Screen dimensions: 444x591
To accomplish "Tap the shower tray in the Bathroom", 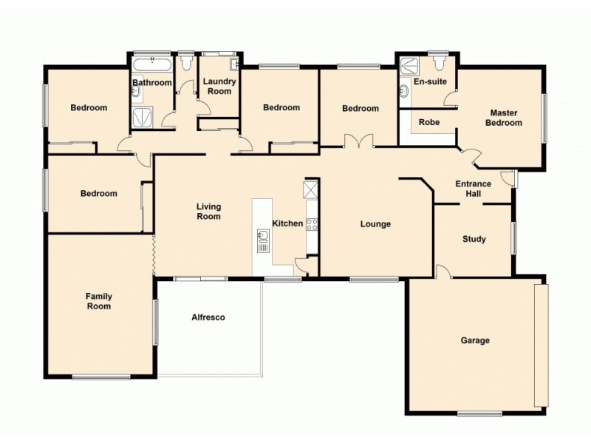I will point(141,116).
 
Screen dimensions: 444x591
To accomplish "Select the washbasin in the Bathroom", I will point(136,92).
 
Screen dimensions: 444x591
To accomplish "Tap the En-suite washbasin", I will point(404,92).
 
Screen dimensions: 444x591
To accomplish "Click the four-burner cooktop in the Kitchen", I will point(312,223).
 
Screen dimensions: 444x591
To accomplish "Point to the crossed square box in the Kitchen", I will point(311,189).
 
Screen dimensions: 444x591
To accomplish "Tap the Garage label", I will point(475,340).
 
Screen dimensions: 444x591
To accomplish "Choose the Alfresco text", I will point(208,317).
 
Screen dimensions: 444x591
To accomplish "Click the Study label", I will point(474,239).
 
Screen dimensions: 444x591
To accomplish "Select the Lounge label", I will point(375,224).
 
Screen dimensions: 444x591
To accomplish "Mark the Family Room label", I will point(98,300).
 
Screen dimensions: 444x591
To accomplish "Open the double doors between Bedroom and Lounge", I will point(358,141).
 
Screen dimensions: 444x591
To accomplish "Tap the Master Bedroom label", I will point(503,118).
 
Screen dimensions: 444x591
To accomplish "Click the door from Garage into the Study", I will point(442,272).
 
